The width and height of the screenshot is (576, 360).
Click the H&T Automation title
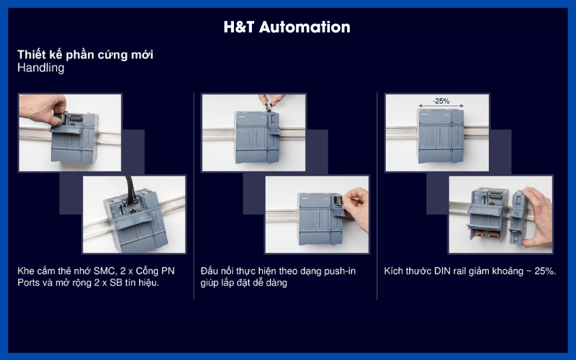287,27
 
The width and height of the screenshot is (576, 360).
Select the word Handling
41,68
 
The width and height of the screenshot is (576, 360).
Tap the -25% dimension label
440,102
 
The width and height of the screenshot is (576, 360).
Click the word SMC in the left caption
105,271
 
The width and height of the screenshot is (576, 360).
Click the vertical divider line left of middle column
194,194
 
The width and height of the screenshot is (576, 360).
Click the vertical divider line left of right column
377,194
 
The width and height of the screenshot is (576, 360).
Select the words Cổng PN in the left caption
158,271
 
